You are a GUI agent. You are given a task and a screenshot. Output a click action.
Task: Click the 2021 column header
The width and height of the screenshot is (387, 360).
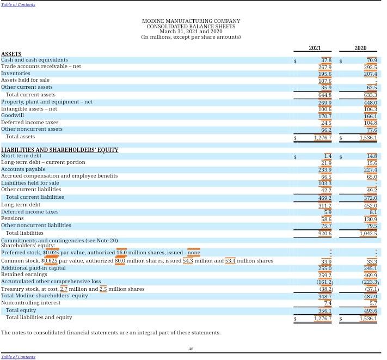(315, 48)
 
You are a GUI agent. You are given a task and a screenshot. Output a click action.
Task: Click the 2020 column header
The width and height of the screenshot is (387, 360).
(360, 48)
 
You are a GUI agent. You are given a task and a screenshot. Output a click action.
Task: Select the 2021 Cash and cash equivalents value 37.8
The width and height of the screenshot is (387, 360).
(326, 60)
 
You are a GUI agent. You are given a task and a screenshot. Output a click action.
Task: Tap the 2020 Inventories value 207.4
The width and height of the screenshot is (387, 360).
(370, 74)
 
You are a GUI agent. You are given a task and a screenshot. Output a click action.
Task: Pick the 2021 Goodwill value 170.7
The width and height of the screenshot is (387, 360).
(324, 116)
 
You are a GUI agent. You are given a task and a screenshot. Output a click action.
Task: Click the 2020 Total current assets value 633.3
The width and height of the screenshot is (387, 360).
(370, 95)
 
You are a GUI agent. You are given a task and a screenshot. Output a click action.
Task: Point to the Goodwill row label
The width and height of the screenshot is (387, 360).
(13, 115)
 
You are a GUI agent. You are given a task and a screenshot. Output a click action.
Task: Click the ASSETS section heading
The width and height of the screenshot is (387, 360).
(11, 54)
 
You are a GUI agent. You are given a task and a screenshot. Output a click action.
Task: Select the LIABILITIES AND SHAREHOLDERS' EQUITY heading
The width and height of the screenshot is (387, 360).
(59, 150)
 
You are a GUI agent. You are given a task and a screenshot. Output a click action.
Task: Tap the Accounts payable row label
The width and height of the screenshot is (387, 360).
(23, 169)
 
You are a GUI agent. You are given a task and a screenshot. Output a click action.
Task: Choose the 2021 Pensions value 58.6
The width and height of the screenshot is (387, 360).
(326, 219)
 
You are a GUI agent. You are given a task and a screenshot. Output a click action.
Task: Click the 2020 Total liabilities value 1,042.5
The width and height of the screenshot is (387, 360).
(368, 234)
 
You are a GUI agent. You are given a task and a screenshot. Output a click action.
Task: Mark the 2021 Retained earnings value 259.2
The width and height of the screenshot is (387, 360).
(324, 275)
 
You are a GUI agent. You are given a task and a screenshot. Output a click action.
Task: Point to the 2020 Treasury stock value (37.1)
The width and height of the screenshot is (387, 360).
(371, 289)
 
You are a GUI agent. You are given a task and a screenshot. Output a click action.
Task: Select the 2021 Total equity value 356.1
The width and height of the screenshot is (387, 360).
(324, 311)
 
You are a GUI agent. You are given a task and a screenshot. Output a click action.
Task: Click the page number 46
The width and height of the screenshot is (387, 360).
(191, 349)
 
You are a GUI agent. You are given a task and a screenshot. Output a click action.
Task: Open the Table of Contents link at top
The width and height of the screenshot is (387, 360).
(18, 4)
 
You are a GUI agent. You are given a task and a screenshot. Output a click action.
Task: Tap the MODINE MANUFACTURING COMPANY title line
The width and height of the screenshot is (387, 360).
(191, 21)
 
